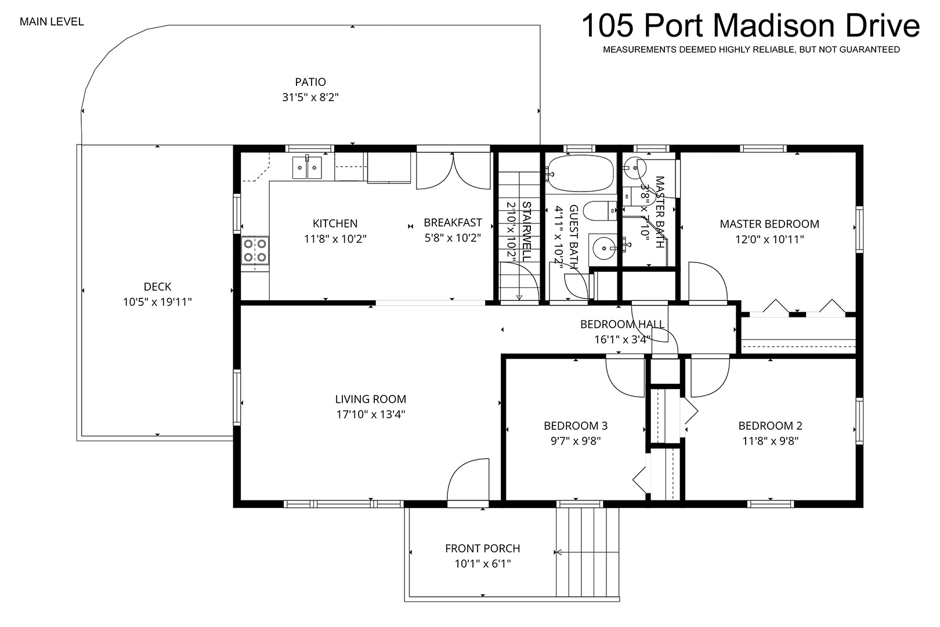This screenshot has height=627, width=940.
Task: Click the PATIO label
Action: (310, 82)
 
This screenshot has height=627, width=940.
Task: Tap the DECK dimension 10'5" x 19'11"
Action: (157, 302)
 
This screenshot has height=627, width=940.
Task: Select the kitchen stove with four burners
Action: (255, 250)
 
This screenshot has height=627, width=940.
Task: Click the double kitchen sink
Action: (307, 167)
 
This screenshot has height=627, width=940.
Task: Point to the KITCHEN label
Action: (335, 224)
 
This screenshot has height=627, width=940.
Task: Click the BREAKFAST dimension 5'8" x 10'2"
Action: (453, 238)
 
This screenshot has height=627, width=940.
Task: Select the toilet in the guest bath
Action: (600, 211)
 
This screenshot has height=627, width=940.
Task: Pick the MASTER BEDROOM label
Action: (769, 224)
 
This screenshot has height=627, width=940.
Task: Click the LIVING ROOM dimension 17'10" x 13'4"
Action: (371, 415)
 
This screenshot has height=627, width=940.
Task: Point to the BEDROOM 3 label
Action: (576, 426)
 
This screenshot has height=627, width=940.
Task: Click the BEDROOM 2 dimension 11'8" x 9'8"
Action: (770, 441)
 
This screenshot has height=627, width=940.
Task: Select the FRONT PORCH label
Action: (483, 549)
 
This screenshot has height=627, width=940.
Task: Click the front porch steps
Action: (587, 552)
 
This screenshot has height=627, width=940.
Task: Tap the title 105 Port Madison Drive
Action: (751, 26)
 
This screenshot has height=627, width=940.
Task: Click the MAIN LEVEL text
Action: (52, 22)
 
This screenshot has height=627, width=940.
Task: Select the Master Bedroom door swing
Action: (708, 282)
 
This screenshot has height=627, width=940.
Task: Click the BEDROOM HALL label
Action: (623, 324)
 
